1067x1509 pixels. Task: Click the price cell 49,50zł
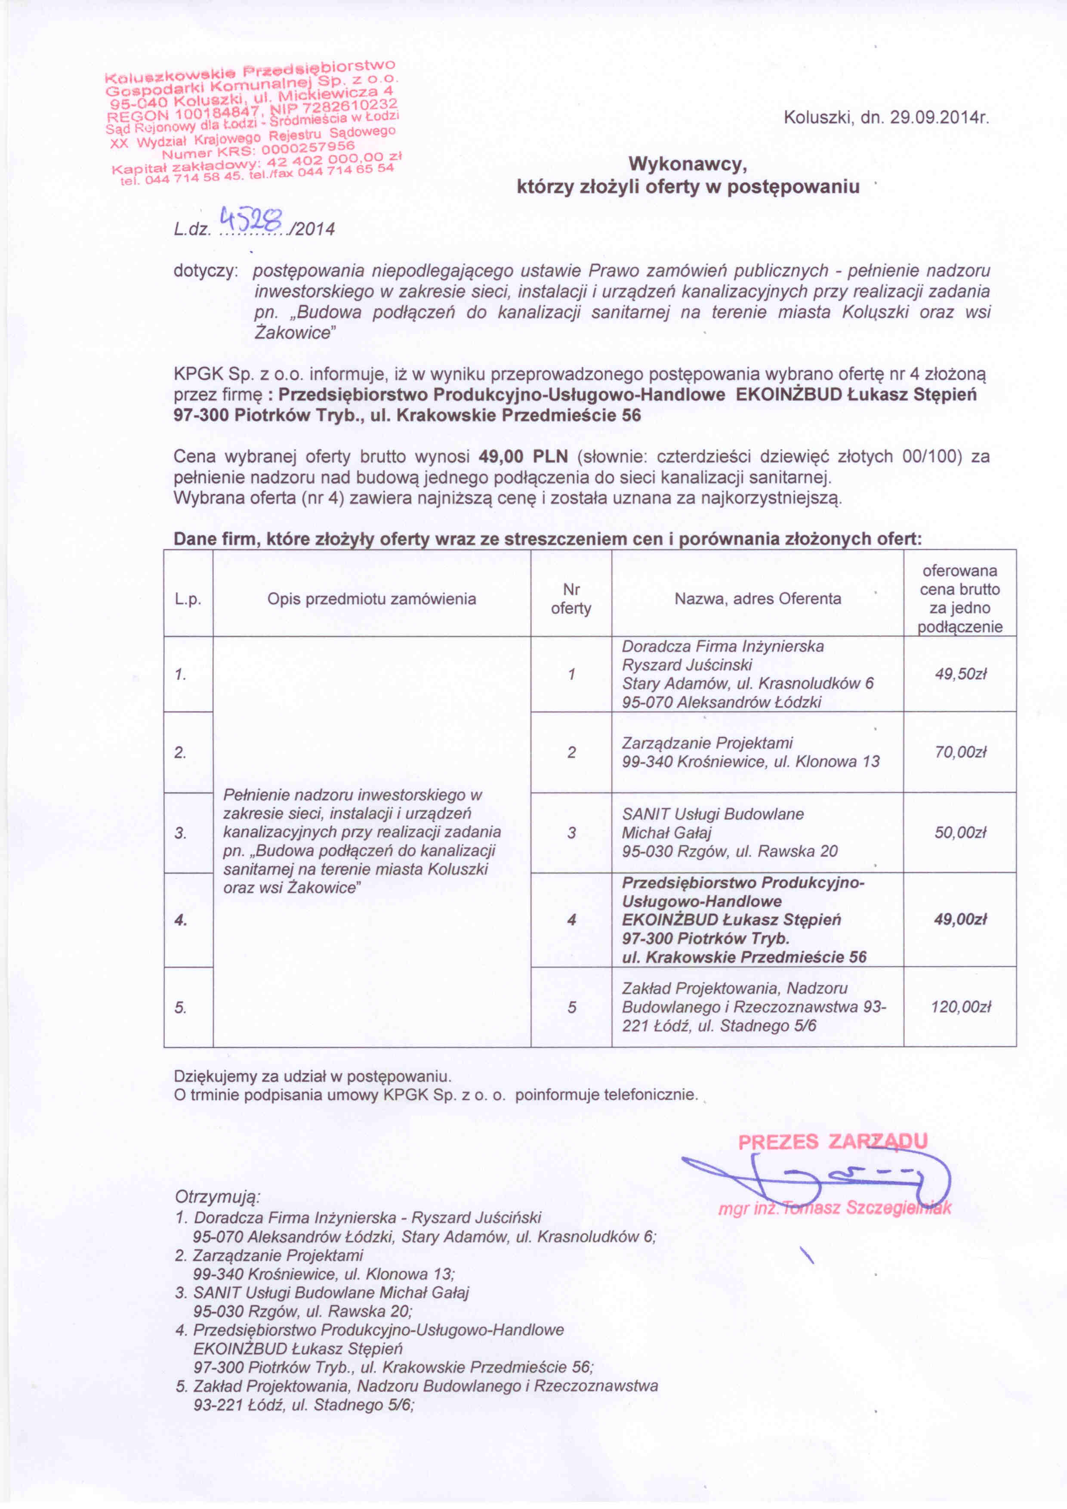(961, 674)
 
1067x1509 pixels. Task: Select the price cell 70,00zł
(961, 752)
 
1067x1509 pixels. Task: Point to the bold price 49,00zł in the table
(961, 919)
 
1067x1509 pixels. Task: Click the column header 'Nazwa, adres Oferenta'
(758, 599)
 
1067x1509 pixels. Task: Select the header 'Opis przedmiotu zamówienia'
(371, 599)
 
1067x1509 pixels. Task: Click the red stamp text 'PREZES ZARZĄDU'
(833, 1141)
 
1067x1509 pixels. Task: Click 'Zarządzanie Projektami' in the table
(707, 743)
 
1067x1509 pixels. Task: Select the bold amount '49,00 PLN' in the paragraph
(523, 456)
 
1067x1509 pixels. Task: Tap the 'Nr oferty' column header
(571, 599)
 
